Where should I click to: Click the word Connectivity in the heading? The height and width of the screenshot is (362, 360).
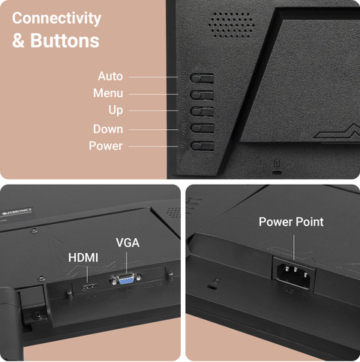pyautogui.click(x=56, y=19)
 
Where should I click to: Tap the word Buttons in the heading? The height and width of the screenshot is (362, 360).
pyautogui.click(x=64, y=41)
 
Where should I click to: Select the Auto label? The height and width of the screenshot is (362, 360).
pyautogui.click(x=110, y=76)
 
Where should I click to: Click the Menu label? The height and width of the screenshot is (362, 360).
pyautogui.click(x=108, y=93)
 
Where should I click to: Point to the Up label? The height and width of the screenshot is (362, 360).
pyautogui.click(x=115, y=110)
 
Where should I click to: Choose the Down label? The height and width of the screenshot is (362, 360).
pyautogui.click(x=108, y=129)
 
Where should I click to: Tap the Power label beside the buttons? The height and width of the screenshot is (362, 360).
pyautogui.click(x=106, y=146)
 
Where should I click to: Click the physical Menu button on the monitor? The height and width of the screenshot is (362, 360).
pyautogui.click(x=202, y=95)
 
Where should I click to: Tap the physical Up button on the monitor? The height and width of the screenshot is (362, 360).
pyautogui.click(x=202, y=111)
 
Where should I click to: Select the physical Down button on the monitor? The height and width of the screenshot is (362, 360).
pyautogui.click(x=202, y=128)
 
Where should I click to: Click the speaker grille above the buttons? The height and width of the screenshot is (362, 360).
pyautogui.click(x=231, y=25)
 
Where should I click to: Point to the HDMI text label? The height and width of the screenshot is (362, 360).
pyautogui.click(x=83, y=258)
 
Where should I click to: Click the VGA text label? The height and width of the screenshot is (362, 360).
pyautogui.click(x=127, y=243)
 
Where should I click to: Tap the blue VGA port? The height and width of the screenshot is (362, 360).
pyautogui.click(x=126, y=279)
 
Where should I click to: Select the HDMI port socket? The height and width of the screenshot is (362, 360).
pyautogui.click(x=89, y=286)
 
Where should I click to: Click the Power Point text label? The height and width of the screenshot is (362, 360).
pyautogui.click(x=291, y=222)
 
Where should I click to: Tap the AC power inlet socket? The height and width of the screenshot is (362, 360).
pyautogui.click(x=294, y=273)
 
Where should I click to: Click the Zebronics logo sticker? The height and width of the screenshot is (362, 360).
pyautogui.click(x=16, y=212)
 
